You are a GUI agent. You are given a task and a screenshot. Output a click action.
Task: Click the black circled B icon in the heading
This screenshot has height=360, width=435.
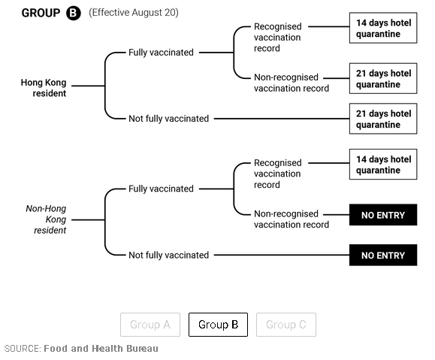[73, 13]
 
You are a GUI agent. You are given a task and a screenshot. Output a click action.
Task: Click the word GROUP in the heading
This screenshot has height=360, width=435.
[41, 13]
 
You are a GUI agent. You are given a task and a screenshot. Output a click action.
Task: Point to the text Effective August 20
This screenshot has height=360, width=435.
[134, 13]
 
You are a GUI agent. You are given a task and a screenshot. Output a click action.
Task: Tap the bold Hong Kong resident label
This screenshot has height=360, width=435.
[44, 88]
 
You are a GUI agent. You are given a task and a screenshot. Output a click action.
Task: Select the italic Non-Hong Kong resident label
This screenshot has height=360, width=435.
[46, 219]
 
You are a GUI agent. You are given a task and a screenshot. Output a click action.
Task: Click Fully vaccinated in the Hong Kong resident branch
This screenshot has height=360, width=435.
[161, 53]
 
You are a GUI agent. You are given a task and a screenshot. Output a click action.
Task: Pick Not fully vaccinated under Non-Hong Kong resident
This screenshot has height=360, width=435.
[169, 255]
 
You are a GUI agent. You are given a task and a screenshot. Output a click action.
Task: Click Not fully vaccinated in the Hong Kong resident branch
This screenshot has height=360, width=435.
[169, 119]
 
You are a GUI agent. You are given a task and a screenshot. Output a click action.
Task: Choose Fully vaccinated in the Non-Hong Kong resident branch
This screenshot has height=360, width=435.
[161, 189]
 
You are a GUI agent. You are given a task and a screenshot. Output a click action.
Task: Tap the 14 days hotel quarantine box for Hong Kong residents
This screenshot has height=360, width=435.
[383, 28]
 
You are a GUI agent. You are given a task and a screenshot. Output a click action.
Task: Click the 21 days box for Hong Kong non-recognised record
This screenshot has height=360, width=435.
[383, 78]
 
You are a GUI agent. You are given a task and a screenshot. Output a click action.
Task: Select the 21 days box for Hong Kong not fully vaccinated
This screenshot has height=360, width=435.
[383, 119]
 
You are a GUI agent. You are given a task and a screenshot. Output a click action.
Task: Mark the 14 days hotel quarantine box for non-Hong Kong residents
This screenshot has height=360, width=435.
[383, 165]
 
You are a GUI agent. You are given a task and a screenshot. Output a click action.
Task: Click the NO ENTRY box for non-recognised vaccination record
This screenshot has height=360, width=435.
[383, 215]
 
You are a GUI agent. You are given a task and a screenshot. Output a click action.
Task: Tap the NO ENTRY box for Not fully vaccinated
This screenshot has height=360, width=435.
[383, 255]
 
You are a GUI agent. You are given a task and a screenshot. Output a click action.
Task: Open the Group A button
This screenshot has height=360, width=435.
[150, 325]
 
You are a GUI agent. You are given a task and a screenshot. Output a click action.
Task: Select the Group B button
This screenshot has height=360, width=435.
[218, 325]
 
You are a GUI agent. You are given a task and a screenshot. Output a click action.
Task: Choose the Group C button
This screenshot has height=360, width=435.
[286, 325]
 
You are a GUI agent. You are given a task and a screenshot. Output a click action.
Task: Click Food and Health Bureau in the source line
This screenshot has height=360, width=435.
[101, 348]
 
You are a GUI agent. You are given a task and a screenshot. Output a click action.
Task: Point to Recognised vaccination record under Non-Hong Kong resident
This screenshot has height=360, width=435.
[277, 174]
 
